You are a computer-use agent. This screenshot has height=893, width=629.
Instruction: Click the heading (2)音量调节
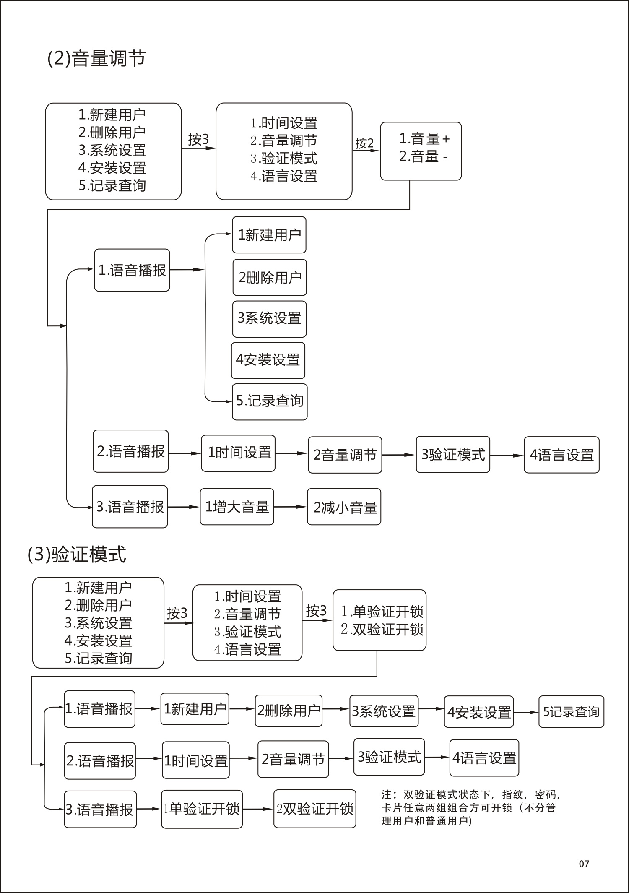(x=96, y=58)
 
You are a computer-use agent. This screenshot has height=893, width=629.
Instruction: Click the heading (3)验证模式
(x=77, y=555)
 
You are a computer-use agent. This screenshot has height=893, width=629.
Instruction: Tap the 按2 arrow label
(x=364, y=143)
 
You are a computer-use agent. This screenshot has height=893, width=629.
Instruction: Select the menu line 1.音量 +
(x=424, y=138)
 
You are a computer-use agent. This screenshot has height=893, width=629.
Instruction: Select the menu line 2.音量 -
(x=423, y=156)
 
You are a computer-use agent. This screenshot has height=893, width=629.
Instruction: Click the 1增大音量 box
(x=237, y=507)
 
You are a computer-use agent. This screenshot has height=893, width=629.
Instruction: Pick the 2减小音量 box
(x=344, y=507)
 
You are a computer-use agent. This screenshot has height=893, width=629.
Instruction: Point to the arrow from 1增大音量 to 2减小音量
(x=290, y=507)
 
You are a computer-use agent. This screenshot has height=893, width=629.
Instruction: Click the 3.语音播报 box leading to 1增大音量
(x=130, y=507)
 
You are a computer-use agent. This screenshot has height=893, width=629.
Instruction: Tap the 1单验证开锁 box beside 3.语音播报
(x=202, y=809)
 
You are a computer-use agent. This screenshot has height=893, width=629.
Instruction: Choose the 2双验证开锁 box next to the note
(x=315, y=809)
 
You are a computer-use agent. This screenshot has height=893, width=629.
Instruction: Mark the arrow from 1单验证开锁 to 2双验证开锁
(x=258, y=809)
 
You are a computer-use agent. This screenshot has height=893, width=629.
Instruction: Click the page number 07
(x=584, y=864)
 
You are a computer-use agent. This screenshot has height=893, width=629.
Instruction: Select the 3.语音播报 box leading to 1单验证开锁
(x=100, y=809)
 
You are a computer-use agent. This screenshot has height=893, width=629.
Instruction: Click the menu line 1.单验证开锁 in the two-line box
(x=382, y=612)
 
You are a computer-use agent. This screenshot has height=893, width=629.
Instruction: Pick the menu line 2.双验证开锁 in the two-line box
(x=382, y=629)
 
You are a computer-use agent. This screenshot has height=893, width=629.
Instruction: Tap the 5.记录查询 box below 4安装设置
(x=270, y=401)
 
